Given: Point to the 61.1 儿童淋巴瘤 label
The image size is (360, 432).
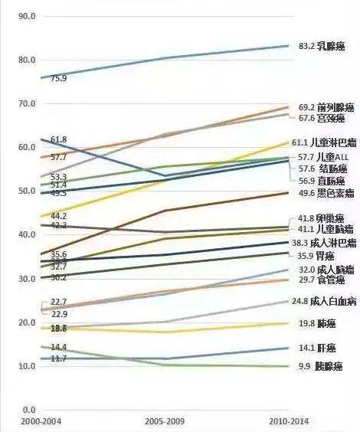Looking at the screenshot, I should [324, 142].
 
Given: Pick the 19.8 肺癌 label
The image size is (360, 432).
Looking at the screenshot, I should [317, 324].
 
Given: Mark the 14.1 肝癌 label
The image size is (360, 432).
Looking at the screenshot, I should [317, 347].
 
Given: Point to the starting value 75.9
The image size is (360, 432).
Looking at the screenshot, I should [58, 79].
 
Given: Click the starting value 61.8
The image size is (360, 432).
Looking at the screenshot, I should [58, 139].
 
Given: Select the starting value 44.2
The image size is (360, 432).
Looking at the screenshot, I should [58, 217].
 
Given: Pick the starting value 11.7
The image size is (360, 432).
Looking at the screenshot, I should [58, 358].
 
